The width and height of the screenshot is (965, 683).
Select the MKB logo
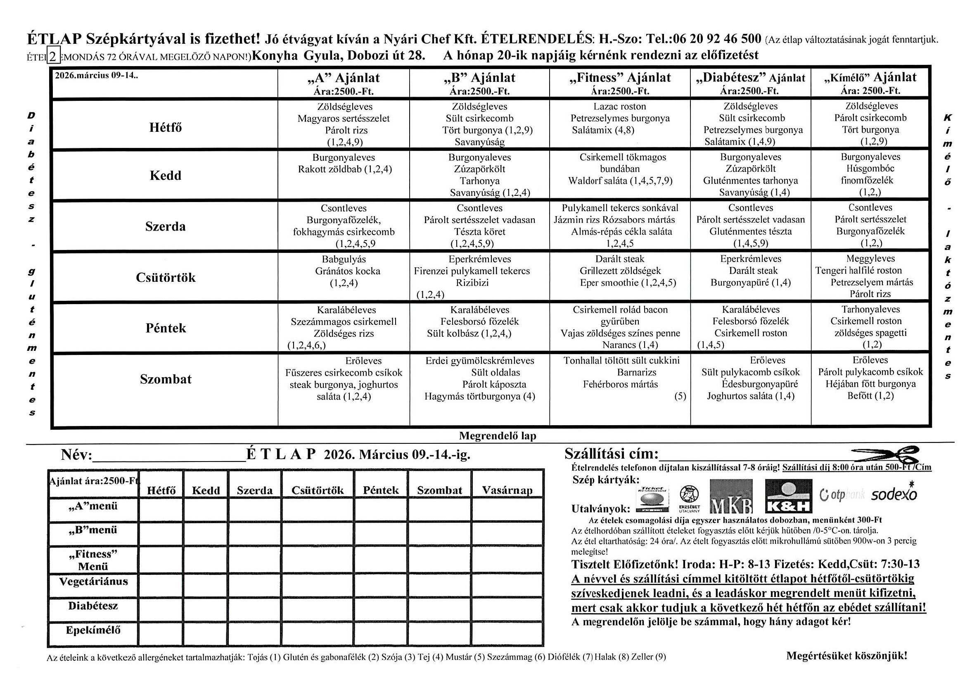point(731,497)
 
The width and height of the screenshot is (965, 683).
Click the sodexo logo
point(894,495)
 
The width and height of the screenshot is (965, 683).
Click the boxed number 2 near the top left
point(53,56)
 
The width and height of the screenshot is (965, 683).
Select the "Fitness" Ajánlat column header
point(620,83)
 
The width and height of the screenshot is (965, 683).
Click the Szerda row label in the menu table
point(165,227)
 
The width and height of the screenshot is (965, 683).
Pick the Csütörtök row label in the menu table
point(166,278)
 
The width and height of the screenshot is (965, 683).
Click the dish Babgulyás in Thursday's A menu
point(344,259)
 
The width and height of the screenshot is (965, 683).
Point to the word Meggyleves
point(870,259)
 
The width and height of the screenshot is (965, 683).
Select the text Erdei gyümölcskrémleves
point(479,361)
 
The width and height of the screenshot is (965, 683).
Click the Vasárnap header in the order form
point(507,490)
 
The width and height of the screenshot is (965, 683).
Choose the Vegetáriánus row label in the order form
point(93,582)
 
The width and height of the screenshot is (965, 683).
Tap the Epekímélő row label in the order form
point(93,631)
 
